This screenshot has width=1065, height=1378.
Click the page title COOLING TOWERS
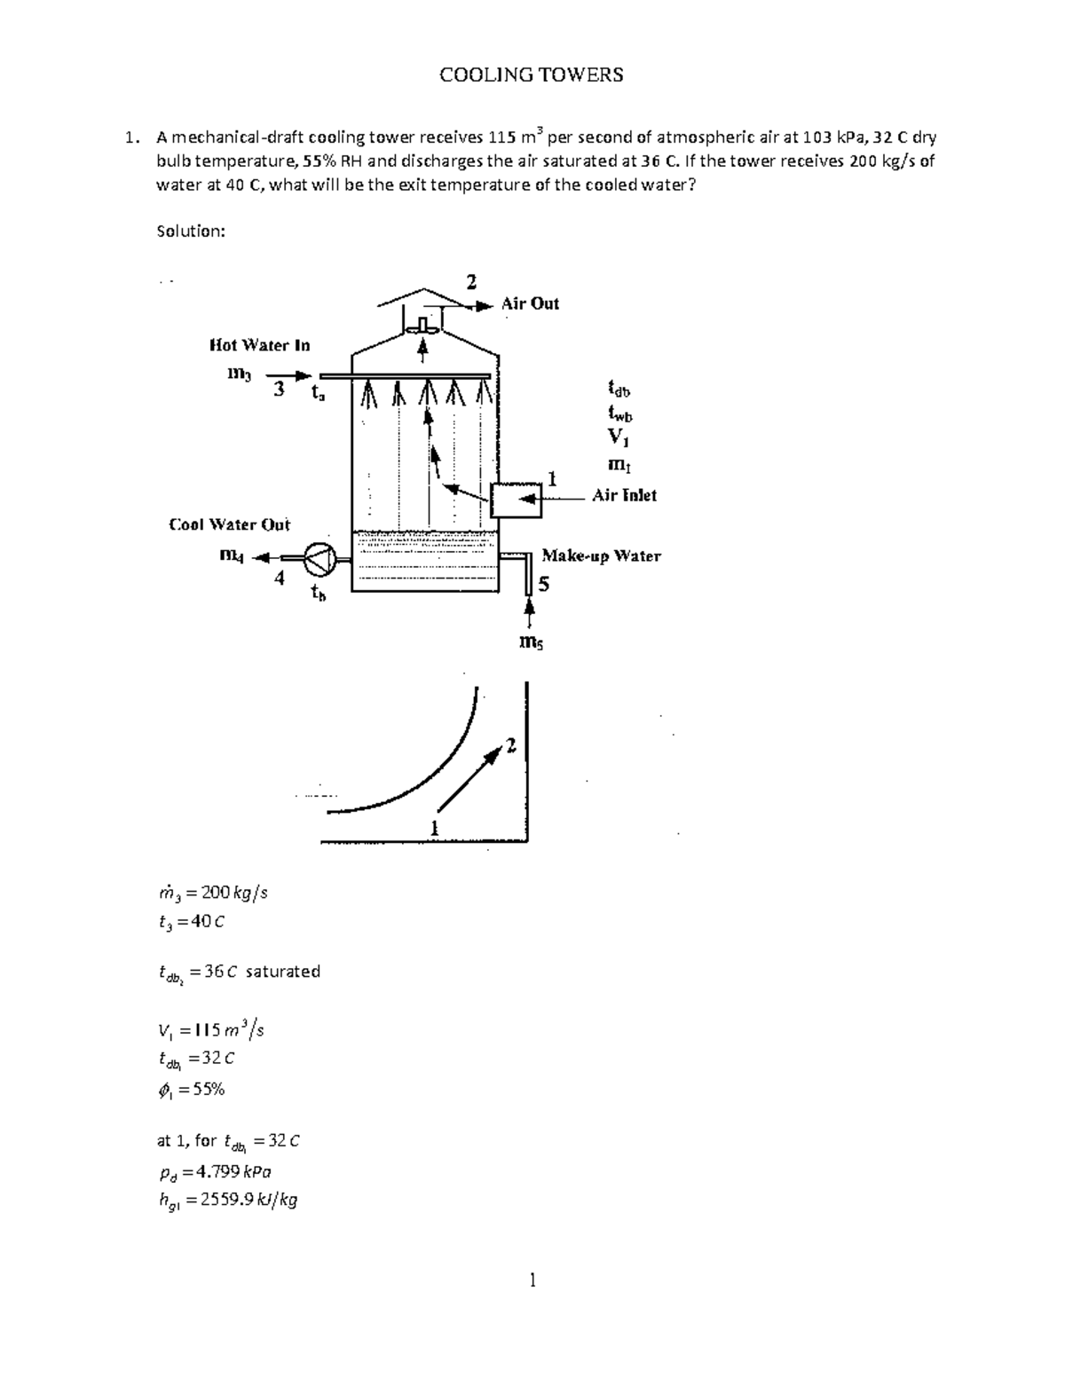532,75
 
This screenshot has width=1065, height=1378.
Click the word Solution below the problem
190,232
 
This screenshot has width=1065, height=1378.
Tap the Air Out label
530,303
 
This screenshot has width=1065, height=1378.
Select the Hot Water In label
259,344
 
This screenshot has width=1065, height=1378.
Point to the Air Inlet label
625,495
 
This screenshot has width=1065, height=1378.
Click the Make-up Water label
601,556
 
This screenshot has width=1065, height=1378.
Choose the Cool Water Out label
229,524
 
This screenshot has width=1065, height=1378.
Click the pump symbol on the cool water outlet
319,558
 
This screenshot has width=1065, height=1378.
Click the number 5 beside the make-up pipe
544,584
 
